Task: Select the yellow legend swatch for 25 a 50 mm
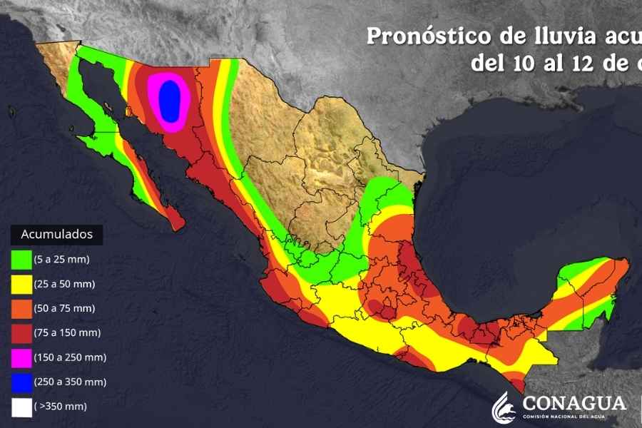[22, 284]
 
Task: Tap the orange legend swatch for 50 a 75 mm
[22, 308]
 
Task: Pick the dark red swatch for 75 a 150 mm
[22, 332]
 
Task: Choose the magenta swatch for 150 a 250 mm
[22, 357]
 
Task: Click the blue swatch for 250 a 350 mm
[22, 382]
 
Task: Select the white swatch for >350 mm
[22, 407]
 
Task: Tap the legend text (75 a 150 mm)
[68, 332]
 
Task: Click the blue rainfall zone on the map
[170, 99]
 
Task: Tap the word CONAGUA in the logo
[574, 403]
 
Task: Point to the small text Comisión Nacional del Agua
[574, 417]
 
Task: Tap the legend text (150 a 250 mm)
[70, 357]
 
